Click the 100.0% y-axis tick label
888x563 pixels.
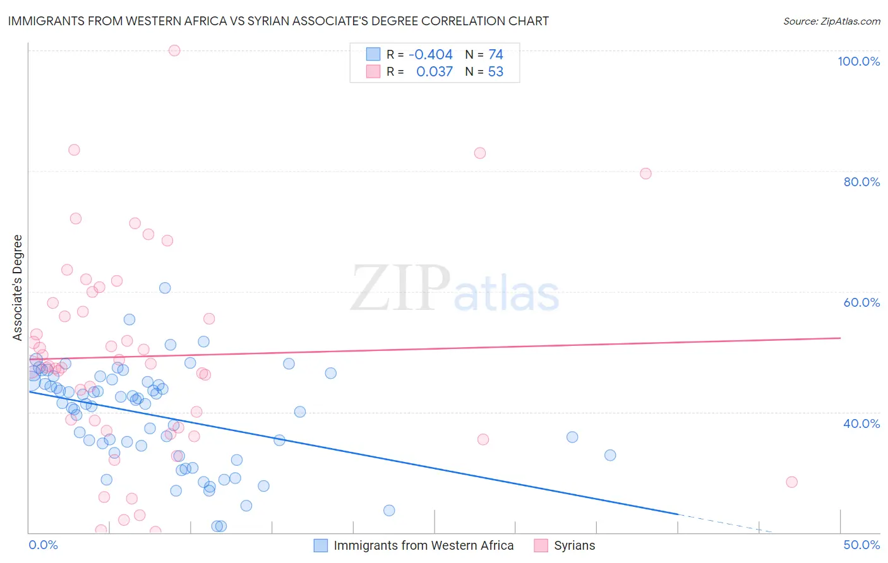coord(858,61)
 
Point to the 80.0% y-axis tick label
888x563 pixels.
coord(861,182)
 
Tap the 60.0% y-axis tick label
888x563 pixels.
coord(861,302)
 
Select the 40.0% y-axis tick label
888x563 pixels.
coord(861,424)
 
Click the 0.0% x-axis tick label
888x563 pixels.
coord(43,545)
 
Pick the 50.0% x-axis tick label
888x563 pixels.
coord(861,545)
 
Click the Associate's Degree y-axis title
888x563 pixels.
coord(18,288)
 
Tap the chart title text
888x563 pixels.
coord(279,21)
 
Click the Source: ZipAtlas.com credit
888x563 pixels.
coord(831,21)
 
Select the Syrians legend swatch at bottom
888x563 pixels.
coord(541,545)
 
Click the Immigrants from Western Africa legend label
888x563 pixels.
coord(423,545)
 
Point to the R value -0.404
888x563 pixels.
coord(431,55)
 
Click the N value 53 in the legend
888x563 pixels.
coord(496,72)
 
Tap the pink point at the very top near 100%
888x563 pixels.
coord(174,50)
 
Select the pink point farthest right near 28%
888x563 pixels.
coord(791,482)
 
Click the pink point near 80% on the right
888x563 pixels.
coord(645,174)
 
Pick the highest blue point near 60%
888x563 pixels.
coord(165,288)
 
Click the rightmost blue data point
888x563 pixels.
coord(610,455)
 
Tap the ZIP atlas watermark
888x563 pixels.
coord(455,289)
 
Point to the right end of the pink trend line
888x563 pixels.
coord(840,338)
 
